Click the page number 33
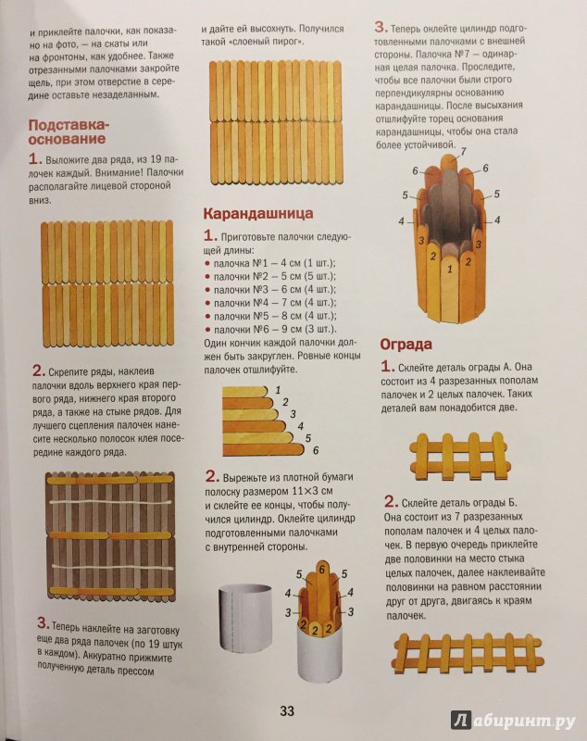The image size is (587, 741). (287, 710)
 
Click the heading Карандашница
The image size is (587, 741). (257, 214)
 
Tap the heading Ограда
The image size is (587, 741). (406, 344)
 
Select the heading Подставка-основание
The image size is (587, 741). (68, 132)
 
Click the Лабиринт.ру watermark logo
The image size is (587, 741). (513, 720)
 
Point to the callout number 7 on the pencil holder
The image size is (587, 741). (463, 152)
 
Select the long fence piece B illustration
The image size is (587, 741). (468, 654)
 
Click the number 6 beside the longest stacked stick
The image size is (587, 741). (316, 450)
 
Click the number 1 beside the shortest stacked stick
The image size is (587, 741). (278, 390)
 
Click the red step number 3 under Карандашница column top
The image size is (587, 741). (381, 28)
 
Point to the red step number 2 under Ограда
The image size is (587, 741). (390, 501)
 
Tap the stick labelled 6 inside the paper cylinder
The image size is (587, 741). (322, 586)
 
